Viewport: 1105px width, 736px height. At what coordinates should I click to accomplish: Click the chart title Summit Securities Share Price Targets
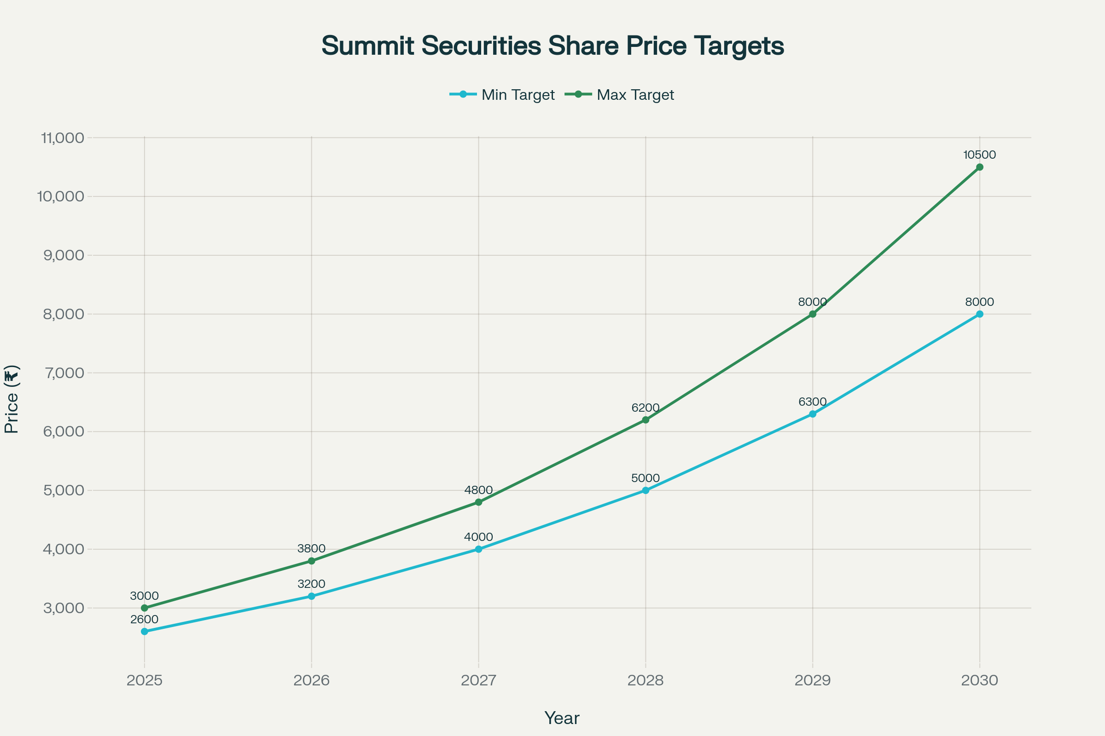[x=552, y=46]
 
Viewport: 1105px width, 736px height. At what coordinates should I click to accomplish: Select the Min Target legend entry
[x=502, y=95]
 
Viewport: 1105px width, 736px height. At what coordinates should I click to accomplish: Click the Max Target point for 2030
[x=980, y=167]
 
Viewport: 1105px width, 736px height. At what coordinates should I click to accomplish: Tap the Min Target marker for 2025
[x=144, y=631]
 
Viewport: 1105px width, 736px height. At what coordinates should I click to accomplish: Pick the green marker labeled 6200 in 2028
[x=646, y=420]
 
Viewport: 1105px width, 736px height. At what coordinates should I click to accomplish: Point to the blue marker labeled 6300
[x=813, y=414]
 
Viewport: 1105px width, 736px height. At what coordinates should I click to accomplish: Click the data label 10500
[x=980, y=155]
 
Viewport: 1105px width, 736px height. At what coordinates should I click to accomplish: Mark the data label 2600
[x=144, y=619]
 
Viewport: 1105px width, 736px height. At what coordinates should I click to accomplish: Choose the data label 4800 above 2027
[x=478, y=490]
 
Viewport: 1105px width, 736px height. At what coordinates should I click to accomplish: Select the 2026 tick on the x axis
[x=312, y=680]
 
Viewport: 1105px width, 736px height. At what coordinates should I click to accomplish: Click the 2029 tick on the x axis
[x=813, y=680]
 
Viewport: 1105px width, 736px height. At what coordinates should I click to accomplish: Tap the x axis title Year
[x=562, y=718]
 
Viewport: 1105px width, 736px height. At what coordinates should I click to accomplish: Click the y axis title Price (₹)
[x=11, y=399]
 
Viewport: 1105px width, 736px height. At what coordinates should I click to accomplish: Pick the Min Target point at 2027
[x=478, y=549]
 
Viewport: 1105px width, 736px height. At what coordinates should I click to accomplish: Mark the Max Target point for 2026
[x=312, y=561]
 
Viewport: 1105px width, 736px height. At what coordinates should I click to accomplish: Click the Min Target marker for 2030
[x=980, y=314]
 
